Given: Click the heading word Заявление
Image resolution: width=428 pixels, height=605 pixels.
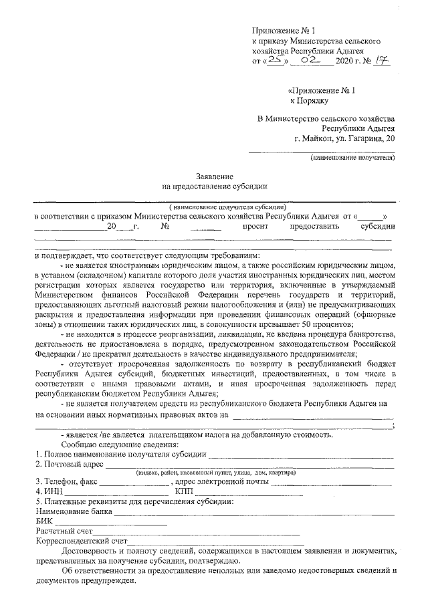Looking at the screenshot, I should click(x=214, y=175).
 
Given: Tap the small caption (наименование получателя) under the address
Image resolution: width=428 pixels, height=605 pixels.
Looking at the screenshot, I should click(x=352, y=158).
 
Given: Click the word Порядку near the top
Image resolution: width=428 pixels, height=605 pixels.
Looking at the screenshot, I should click(x=309, y=100).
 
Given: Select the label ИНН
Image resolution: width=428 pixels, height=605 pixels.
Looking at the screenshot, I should click(x=51, y=491).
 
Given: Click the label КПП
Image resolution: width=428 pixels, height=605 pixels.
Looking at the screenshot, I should click(x=183, y=491).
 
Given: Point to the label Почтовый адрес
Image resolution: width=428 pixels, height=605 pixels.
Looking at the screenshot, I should click(x=70, y=463).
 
